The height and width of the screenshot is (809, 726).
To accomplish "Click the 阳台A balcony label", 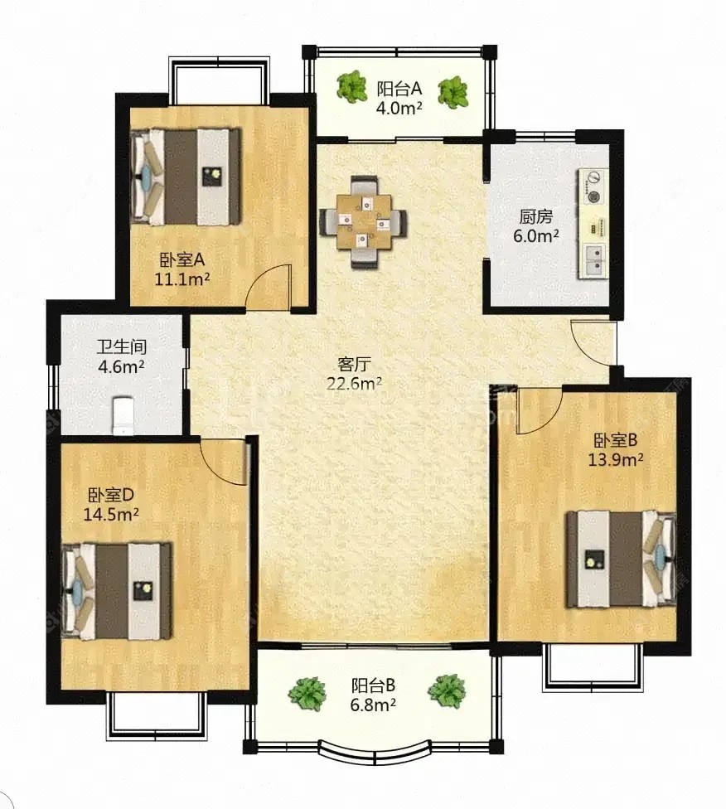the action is [x=399, y=89].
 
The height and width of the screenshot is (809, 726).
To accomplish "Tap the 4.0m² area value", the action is [x=399, y=108].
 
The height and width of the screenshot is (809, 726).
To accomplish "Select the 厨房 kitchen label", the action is [x=535, y=216].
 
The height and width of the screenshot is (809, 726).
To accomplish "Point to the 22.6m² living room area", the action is [x=354, y=384].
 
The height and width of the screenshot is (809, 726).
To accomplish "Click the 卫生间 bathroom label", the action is [x=121, y=346].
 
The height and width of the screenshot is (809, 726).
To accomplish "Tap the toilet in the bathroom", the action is [x=123, y=414].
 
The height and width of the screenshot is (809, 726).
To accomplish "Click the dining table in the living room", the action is [x=363, y=221].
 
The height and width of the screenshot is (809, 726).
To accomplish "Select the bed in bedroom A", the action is [x=186, y=177].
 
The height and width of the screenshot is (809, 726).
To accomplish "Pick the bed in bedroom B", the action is [x=622, y=559].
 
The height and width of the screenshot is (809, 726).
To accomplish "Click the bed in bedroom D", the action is [x=117, y=591].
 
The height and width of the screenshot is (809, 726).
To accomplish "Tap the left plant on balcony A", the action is [x=352, y=87].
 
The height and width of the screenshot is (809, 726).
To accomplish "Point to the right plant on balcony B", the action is [x=447, y=691].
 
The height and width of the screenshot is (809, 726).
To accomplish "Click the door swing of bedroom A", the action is [x=269, y=287].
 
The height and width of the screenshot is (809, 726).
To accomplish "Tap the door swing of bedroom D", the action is [x=224, y=462].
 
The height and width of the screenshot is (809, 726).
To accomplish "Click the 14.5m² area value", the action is [x=111, y=515].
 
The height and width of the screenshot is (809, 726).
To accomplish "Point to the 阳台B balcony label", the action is [x=373, y=685].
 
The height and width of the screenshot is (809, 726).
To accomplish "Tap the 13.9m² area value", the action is [x=616, y=460].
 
